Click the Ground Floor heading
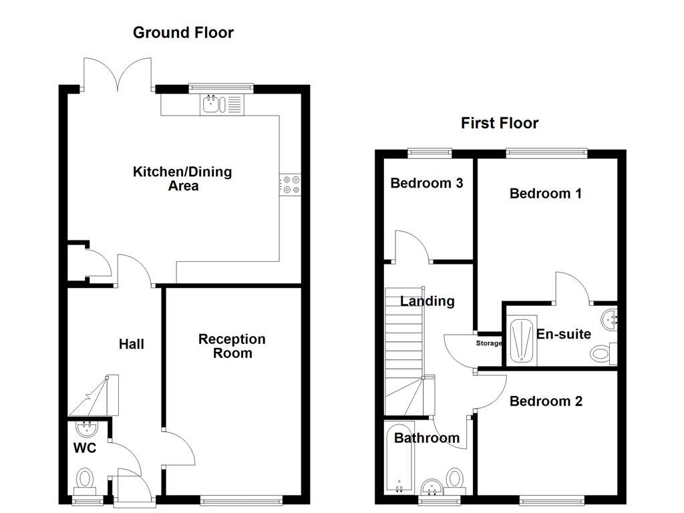183,33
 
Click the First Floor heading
500,123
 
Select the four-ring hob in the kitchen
290,184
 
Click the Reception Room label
232,346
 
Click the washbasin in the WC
86,427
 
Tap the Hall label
132,344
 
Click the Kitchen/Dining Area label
182,178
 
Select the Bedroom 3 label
427,183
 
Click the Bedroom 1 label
545,194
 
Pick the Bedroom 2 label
546,401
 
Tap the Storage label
488,343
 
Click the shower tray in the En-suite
521,340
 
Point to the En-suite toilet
603,353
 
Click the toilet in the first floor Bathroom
455,480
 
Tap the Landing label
427,301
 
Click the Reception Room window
241,500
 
